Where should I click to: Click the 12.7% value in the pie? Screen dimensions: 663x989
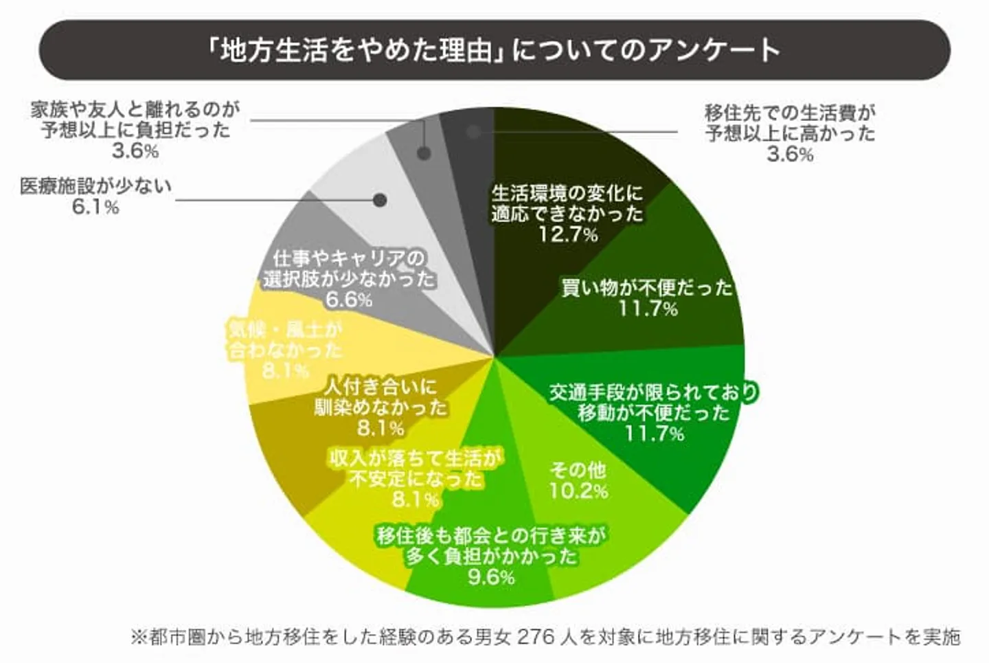[567, 235]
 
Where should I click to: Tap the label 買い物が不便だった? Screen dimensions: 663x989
[647, 287]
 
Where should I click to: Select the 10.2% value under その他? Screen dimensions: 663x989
[578, 491]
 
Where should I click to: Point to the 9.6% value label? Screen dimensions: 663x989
[491, 577]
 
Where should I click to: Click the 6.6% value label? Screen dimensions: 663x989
[349, 300]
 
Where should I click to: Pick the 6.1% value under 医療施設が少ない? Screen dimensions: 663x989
[95, 207]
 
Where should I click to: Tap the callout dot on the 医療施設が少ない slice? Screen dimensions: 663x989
[380, 200]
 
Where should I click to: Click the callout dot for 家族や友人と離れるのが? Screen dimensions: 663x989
[424, 153]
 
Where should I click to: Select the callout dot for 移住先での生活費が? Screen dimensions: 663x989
[473, 132]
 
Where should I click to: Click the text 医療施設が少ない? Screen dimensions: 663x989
[95, 186]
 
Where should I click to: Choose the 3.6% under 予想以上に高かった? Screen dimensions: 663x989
[790, 154]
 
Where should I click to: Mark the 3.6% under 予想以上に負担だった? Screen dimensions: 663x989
[135, 151]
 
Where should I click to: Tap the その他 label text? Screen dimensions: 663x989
[578, 470]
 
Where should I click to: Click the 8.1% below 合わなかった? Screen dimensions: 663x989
[286, 371]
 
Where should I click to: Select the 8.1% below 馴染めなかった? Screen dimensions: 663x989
[380, 429]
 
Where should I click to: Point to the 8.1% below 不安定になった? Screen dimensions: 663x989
[416, 499]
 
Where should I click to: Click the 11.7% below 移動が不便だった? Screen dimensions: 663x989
[654, 434]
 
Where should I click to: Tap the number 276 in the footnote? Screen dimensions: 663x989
[535, 637]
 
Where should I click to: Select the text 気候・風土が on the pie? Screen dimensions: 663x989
[286, 330]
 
